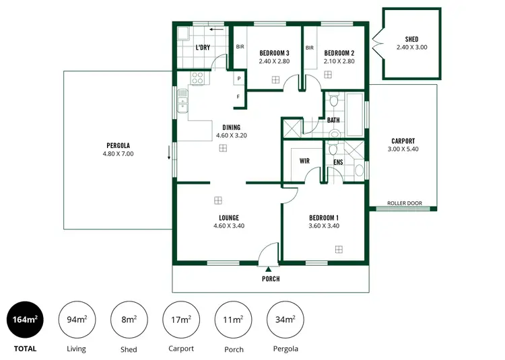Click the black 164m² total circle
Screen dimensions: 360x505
[x=25, y=319]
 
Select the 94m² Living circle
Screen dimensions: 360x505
[x=77, y=319]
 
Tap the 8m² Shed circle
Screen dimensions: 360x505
[x=129, y=319]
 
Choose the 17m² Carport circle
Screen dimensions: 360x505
[x=180, y=319]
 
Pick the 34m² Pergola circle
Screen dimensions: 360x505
[x=285, y=319]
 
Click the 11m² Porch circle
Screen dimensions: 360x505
[x=233, y=319]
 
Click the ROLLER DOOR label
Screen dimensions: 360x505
[x=405, y=203]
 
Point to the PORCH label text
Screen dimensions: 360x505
[x=270, y=279]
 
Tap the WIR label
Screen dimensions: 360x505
[x=304, y=161]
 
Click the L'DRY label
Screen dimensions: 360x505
[x=204, y=48]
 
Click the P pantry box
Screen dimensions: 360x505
[x=238, y=79]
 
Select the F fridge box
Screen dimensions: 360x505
[x=238, y=98]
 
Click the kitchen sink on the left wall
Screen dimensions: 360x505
[x=182, y=104]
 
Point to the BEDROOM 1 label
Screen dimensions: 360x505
[x=323, y=217]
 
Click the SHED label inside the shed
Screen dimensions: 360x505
[x=411, y=40]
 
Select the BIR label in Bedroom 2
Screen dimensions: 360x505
[x=310, y=48]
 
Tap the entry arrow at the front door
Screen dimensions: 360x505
[x=269, y=269]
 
